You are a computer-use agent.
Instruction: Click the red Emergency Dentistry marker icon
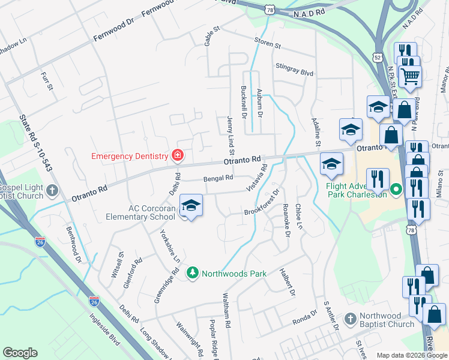tap(177, 156)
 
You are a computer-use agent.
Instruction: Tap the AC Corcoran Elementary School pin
tap(191, 206)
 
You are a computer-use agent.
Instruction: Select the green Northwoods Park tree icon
tap(192, 274)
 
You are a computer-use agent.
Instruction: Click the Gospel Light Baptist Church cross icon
tap(52, 191)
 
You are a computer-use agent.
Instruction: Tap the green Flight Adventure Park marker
tap(396, 191)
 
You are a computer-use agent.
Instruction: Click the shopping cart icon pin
tap(411, 76)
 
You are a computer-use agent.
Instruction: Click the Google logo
tap(20, 353)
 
